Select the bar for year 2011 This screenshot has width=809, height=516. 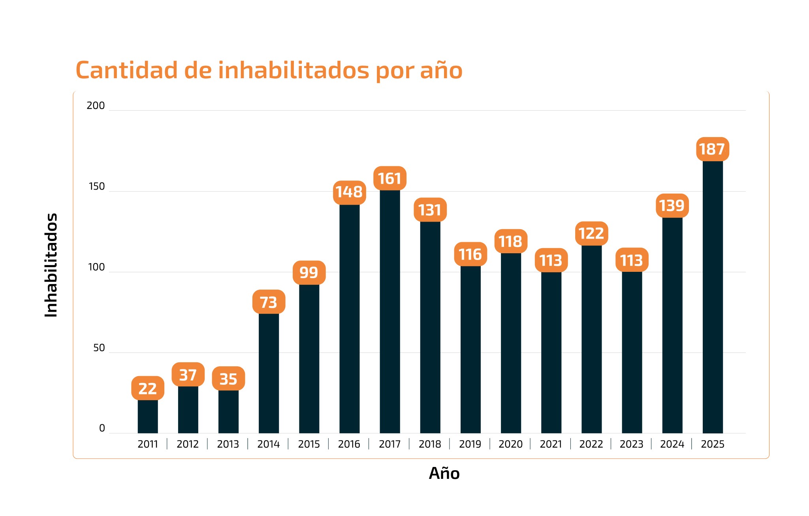148,416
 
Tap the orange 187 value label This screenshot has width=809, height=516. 712,149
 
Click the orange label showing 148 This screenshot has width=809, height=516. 349,192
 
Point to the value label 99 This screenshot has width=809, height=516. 309,273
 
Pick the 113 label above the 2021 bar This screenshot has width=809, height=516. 551,260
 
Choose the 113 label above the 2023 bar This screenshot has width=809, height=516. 632,260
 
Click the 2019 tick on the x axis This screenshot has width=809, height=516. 470,444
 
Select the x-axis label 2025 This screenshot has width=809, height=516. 712,444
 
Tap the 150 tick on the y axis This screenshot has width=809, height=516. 97,186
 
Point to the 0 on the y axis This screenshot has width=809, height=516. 102,428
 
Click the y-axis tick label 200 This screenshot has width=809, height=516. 96,105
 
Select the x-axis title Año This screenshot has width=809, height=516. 444,473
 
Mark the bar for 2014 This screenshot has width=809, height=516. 269,373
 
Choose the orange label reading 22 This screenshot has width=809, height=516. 148,388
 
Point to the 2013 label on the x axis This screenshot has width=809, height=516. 228,444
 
